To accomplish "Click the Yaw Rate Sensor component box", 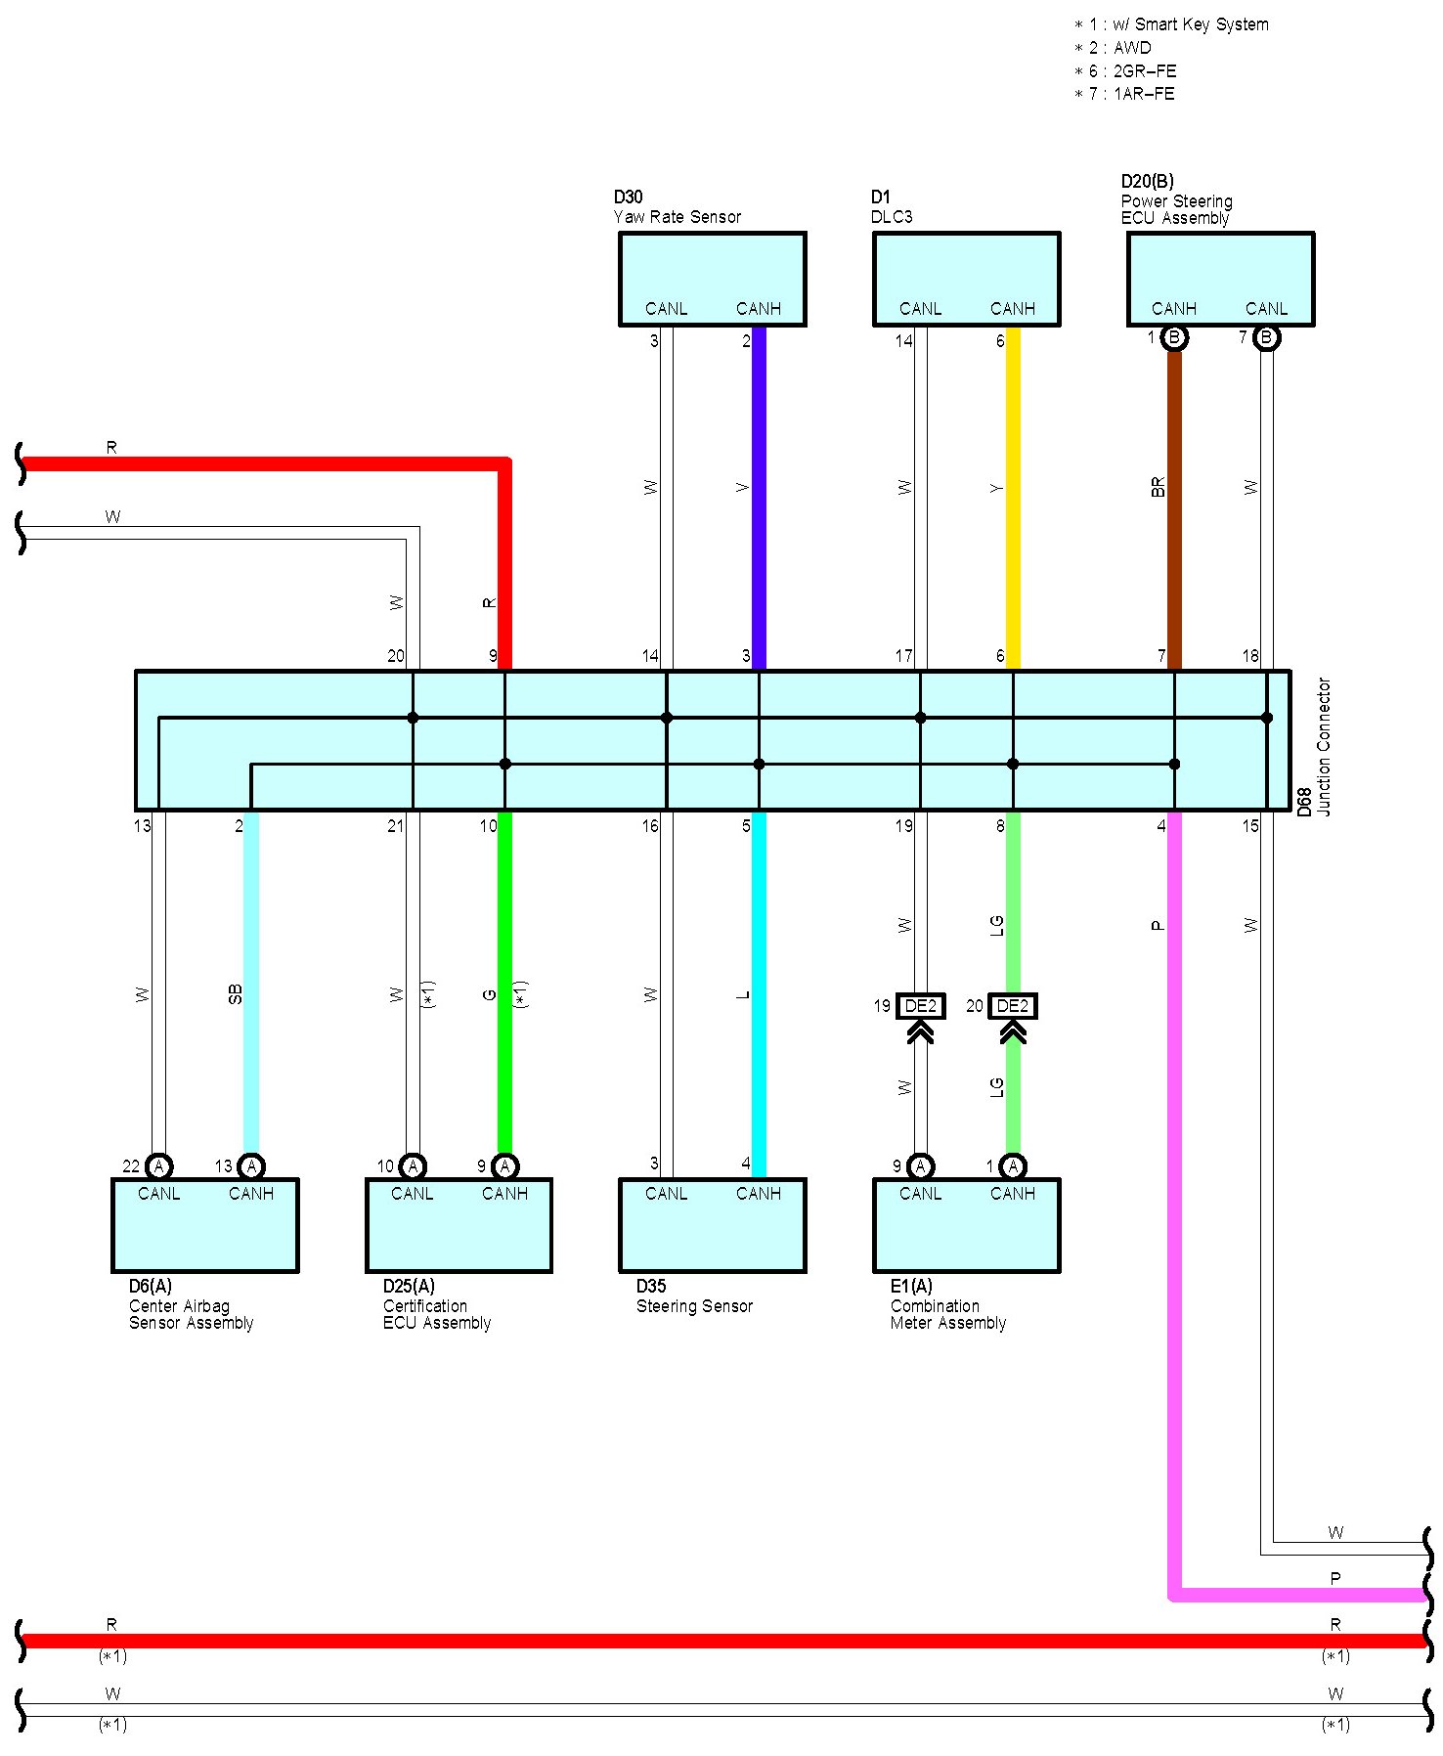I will click(x=712, y=278).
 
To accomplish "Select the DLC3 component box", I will click(x=966, y=278).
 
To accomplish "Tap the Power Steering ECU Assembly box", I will click(x=1220, y=278).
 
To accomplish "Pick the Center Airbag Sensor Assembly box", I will click(x=204, y=1225).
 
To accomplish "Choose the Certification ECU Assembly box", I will click(x=459, y=1225).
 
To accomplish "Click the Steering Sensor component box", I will click(x=712, y=1225).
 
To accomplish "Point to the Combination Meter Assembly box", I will click(x=966, y=1225).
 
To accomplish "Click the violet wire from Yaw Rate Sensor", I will click(x=759, y=499).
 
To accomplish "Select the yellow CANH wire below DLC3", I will click(x=1013, y=499).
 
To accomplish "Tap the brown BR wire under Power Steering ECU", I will click(x=1174, y=508).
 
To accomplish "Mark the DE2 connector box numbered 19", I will click(x=920, y=1006).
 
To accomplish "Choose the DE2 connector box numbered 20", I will click(x=1012, y=1006).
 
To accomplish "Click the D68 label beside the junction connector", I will click(x=1303, y=802).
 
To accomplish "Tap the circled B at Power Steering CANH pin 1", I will click(x=1174, y=338).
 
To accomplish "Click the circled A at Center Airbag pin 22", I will click(x=158, y=1166).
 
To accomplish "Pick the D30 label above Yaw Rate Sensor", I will click(x=628, y=198).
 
